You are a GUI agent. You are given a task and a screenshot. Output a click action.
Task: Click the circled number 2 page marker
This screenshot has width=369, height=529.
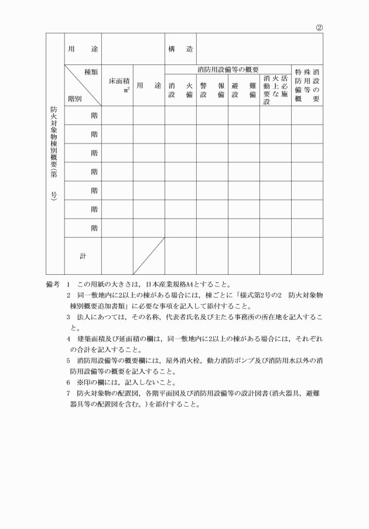(319, 27)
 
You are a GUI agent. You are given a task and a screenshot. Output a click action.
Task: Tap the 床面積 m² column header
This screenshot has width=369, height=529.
(117, 86)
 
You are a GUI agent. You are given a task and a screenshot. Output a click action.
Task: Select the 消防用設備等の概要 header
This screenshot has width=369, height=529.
(228, 70)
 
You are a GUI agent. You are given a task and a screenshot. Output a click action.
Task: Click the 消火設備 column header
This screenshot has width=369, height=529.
(180, 90)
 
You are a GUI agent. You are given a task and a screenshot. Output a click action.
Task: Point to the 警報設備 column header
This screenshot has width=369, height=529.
(212, 90)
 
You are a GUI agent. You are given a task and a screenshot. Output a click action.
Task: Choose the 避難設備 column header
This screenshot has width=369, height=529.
(244, 90)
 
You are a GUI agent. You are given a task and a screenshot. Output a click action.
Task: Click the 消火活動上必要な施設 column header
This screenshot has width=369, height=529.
(275, 90)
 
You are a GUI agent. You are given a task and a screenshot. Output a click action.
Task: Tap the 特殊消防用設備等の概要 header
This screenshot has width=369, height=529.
(307, 86)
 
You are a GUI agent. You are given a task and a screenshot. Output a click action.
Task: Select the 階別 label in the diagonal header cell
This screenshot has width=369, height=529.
(74, 99)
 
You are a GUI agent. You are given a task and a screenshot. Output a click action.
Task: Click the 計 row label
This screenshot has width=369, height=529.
(83, 255)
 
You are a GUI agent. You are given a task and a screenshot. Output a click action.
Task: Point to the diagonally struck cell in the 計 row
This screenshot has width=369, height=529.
(148, 255)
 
